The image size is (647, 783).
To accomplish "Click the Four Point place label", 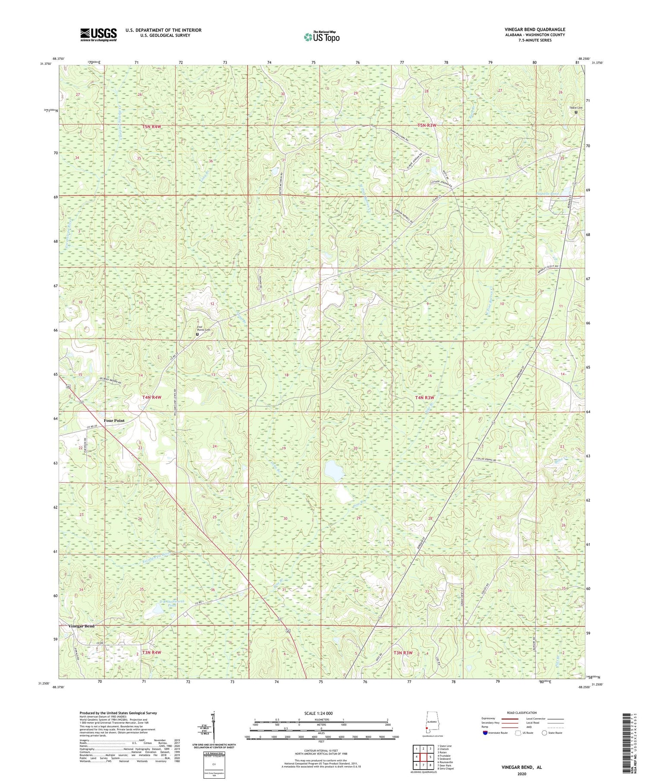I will [x=114, y=421].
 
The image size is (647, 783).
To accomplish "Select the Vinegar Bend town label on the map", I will [x=81, y=626].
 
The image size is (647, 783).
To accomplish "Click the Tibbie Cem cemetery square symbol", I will [x=576, y=112].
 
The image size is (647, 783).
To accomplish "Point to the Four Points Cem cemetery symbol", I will [x=198, y=334].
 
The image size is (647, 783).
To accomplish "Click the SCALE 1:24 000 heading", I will [x=321, y=713].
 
